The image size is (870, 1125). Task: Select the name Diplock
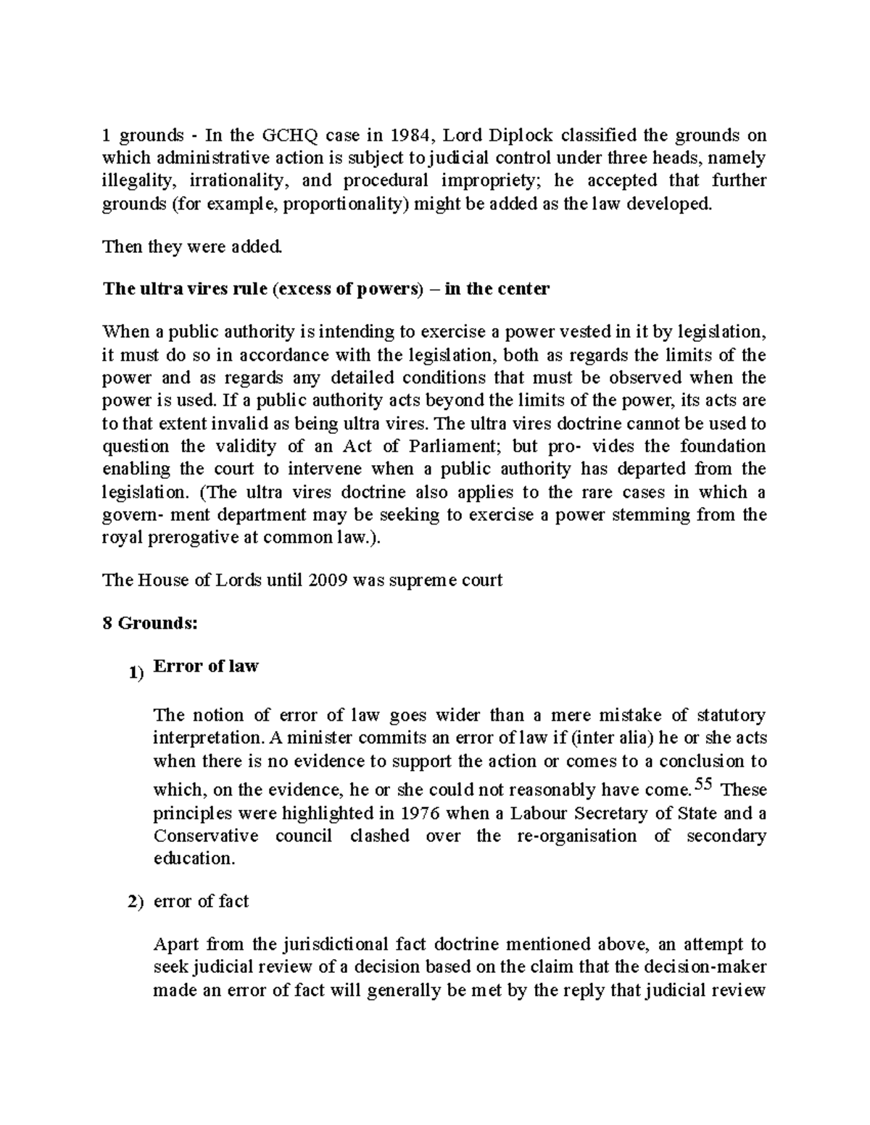pyautogui.click(x=519, y=135)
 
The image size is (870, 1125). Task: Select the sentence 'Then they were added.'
pyautogui.click(x=192, y=247)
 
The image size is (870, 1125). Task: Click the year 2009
pyautogui.click(x=325, y=580)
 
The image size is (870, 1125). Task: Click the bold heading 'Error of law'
pyautogui.click(x=206, y=666)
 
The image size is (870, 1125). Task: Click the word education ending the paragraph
pyautogui.click(x=194, y=859)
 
